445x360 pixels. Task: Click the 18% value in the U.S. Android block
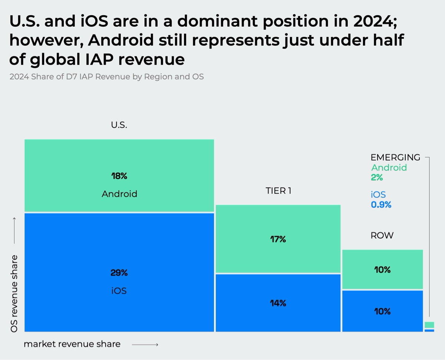[x=119, y=176]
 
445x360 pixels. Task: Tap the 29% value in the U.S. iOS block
[x=119, y=273]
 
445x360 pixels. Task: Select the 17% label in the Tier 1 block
[x=278, y=239]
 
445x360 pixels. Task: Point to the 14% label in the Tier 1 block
[x=278, y=303]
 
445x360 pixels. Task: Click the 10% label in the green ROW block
[x=382, y=270]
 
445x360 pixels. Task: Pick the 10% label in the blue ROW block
[x=382, y=311]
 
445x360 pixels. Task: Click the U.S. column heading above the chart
[x=119, y=125]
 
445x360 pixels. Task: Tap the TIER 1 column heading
[x=278, y=191]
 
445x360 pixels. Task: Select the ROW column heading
[x=382, y=235]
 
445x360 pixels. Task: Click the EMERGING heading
[x=395, y=157]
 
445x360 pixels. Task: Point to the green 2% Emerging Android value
[x=377, y=177]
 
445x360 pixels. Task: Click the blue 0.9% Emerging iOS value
[x=381, y=204]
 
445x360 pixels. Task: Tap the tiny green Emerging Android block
[x=429, y=325]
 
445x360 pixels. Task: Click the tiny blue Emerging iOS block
[x=429, y=330]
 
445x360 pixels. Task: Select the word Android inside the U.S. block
[x=119, y=194]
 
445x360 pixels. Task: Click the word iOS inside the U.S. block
[x=119, y=291]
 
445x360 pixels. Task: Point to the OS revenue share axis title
[x=14, y=293]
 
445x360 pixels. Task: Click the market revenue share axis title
[x=72, y=344]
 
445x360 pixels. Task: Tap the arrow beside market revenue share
[x=145, y=345]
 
